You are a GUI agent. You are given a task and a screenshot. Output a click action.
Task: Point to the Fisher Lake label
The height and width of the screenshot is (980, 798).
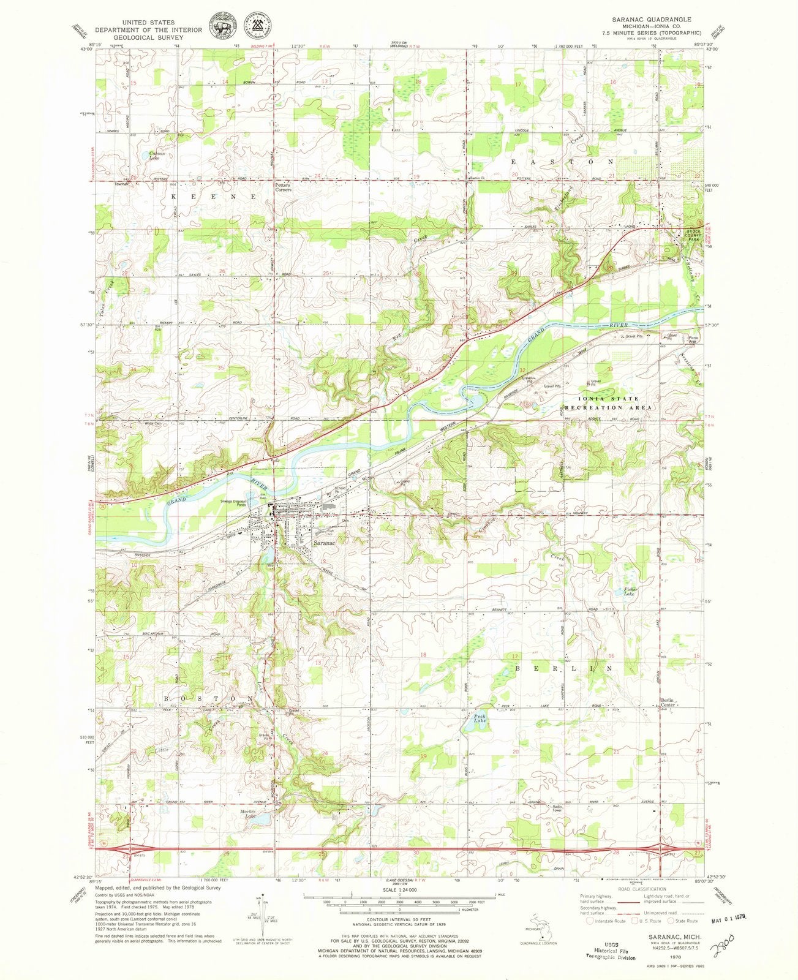pos(631,592)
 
